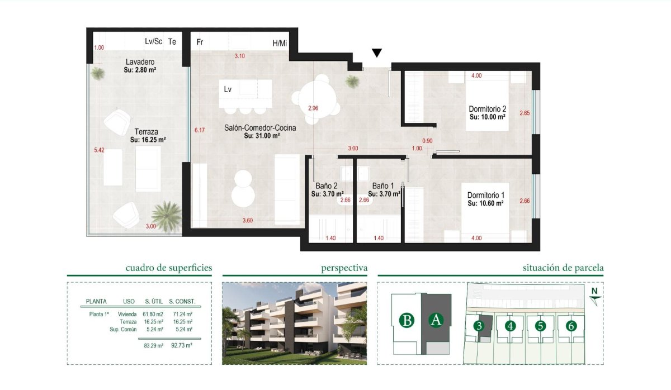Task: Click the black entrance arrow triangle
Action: (x=377, y=53)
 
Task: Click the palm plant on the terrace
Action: (x=166, y=216)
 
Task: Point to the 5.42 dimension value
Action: (x=100, y=150)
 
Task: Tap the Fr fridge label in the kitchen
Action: (x=200, y=42)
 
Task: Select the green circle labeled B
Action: (x=408, y=321)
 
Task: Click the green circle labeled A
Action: (x=436, y=320)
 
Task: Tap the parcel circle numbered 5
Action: (x=540, y=326)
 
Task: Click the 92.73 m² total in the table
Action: (x=182, y=346)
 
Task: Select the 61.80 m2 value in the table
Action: (x=153, y=314)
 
